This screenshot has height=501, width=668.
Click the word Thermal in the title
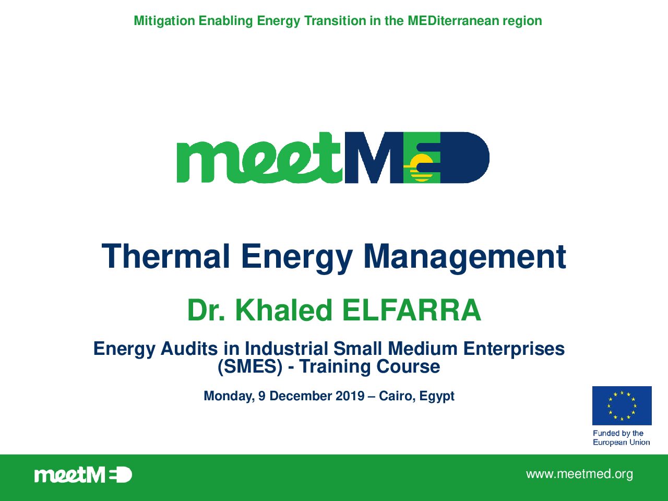(165, 256)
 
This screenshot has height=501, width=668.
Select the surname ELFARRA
(412, 310)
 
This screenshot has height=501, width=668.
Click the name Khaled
(283, 310)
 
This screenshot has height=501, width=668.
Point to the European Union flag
(622, 405)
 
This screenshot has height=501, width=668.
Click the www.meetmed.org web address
(579, 474)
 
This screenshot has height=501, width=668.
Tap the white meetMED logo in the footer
(83, 475)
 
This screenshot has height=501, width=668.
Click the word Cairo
(397, 396)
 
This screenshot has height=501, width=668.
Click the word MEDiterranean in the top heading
(453, 21)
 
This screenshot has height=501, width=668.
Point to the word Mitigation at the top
(164, 21)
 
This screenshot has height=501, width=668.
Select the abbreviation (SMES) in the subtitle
(250, 366)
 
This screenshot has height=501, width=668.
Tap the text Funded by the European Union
(621, 437)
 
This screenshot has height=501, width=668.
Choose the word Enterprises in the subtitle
(514, 349)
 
